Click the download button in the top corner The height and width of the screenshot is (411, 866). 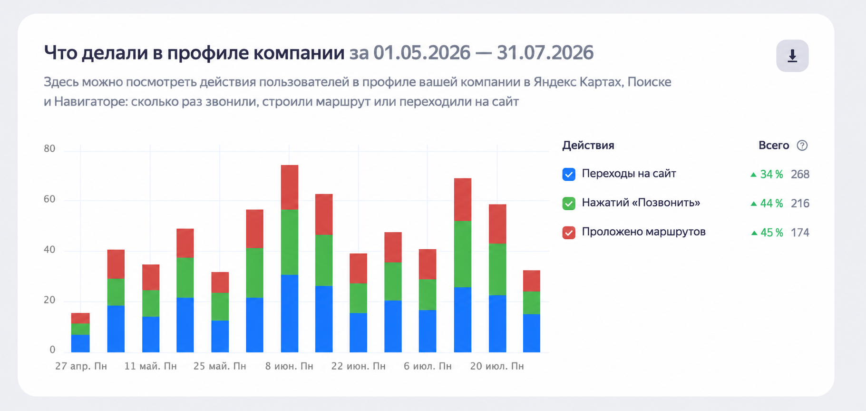pos(792,56)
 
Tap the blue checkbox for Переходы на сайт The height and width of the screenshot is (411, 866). pos(569,174)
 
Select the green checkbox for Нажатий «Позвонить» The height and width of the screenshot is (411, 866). pos(569,203)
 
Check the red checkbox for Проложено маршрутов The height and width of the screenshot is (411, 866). pos(569,232)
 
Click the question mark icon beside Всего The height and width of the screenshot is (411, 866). pos(802,146)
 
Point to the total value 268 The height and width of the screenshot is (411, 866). pos(800,174)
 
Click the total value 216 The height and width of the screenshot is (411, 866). pos(800,203)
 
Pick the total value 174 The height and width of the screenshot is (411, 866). pos(800,232)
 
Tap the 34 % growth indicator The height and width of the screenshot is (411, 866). pos(767,174)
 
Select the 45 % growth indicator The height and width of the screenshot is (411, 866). pos(767,232)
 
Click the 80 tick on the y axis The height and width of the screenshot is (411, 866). pos(49,148)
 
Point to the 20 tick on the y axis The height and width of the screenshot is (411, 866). pos(49,300)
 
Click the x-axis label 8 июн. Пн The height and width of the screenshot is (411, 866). pos(289,366)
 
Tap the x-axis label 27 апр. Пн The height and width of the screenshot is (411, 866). pos(81,366)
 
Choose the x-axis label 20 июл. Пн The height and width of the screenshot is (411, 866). pos(497,366)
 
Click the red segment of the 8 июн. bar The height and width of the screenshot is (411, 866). pos(290,187)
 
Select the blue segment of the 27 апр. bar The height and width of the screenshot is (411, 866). pos(80,343)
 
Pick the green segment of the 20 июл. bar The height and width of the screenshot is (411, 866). pos(497,269)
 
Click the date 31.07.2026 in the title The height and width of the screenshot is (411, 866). pos(545,52)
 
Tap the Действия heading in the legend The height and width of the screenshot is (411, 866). pos(588,146)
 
